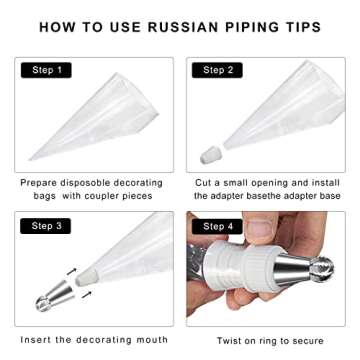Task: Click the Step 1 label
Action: point(45,71)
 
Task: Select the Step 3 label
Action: point(45,226)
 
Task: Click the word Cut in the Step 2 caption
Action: point(204,184)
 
